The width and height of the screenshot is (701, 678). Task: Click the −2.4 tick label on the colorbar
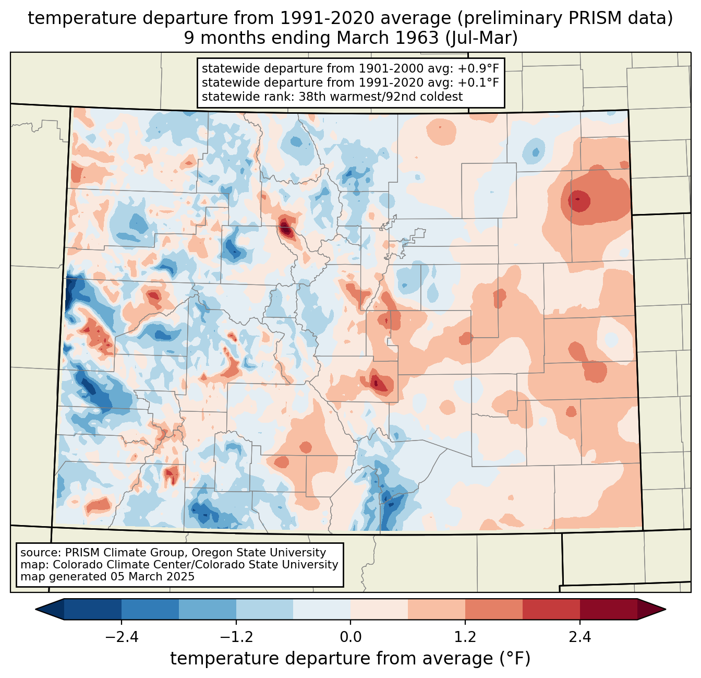point(122,637)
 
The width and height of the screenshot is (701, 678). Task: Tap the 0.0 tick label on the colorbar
point(350,637)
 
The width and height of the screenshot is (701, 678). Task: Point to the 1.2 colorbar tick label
point(465,637)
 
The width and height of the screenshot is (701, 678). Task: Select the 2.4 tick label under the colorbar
point(579,637)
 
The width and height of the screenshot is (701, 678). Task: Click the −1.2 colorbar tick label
point(236,637)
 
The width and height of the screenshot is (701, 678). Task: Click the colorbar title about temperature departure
point(350,659)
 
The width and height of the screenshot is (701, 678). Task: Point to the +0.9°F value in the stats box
point(478,69)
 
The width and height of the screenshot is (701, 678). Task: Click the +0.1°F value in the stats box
point(478,82)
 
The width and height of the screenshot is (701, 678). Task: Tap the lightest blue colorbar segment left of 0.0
point(322,609)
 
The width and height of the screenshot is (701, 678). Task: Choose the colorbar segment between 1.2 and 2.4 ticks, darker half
point(551,609)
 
